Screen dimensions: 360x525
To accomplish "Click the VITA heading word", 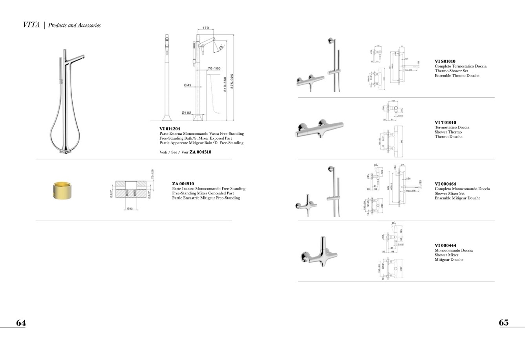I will point(31,25).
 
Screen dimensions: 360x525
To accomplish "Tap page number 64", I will point(21,323).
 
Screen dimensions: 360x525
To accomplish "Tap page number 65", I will point(504,323).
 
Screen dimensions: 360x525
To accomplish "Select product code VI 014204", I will point(170,129).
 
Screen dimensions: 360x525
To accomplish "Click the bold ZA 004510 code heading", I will point(183,184).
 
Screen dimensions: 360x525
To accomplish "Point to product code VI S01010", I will point(445,62).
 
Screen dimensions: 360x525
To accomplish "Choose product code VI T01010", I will point(445,122).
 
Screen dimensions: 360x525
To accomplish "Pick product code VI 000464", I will point(445,184).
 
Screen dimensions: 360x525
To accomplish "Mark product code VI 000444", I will point(445,246).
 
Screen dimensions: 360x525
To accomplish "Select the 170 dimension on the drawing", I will point(205,28).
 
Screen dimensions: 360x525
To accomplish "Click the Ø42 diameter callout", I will point(188,85).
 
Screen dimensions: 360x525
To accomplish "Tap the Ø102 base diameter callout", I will point(187,113).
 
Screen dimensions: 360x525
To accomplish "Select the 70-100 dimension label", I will point(214,69).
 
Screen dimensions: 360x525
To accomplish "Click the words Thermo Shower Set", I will point(451,71).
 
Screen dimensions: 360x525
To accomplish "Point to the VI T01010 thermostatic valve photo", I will point(319,128).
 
